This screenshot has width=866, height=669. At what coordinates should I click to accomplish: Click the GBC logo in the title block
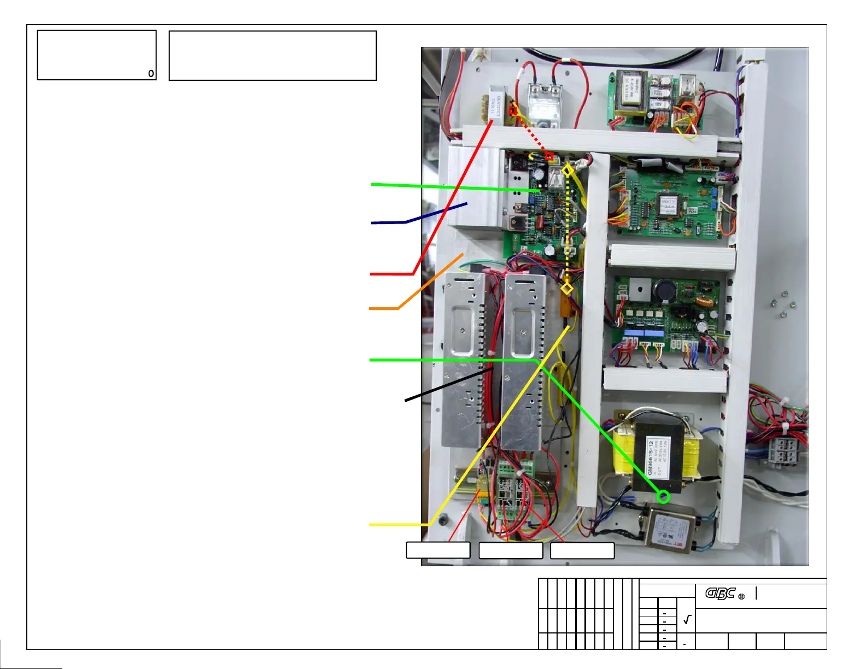pyautogui.click(x=720, y=594)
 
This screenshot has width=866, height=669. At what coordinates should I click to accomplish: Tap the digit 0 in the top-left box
pyautogui.click(x=151, y=74)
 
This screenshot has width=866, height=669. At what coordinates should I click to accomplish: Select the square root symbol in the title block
pyautogui.click(x=687, y=620)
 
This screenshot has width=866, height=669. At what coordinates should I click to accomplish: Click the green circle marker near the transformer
pyautogui.click(x=663, y=497)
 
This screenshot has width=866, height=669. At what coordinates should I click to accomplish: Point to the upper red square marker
pyautogui.click(x=513, y=111)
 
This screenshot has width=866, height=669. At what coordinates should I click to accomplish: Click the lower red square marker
pyautogui.click(x=549, y=156)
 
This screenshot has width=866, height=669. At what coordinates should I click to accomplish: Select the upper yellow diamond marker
pyautogui.click(x=568, y=171)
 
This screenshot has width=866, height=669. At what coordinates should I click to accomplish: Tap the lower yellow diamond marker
pyautogui.click(x=567, y=288)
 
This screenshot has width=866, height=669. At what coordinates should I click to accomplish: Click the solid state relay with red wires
pyautogui.click(x=545, y=105)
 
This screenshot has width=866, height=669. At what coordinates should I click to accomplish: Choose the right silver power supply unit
pyautogui.click(x=523, y=361)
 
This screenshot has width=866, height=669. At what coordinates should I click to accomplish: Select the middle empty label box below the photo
pyautogui.click(x=511, y=550)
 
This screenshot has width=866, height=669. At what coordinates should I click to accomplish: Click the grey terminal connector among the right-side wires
pyautogui.click(x=782, y=451)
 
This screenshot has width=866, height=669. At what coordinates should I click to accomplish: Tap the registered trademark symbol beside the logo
pyautogui.click(x=742, y=596)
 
